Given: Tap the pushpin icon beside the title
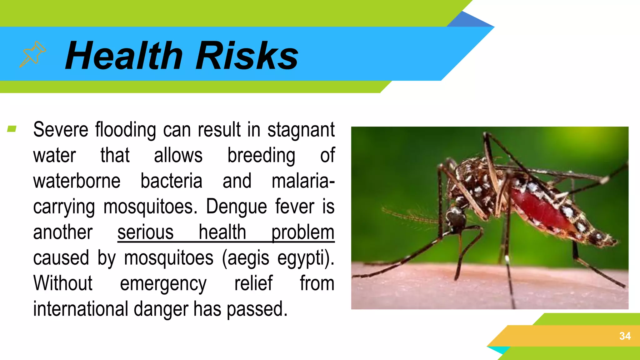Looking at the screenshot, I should [32, 54].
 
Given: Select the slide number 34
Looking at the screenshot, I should [625, 336].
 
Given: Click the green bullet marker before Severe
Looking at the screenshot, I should [12, 129].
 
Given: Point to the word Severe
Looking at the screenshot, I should [61, 130].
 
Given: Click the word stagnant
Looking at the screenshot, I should [301, 130].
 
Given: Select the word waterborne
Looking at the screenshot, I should [77, 181].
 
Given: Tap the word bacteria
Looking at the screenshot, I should [171, 181].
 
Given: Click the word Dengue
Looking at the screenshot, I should [237, 207].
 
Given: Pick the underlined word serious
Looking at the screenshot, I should [145, 232].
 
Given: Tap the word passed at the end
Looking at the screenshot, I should [257, 309].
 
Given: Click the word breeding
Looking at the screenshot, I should [261, 156].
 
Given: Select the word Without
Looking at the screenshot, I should [63, 283].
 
